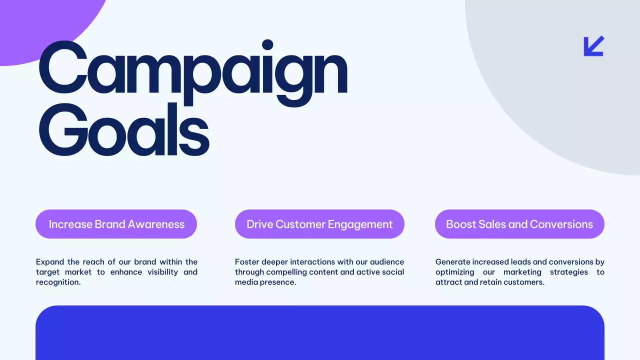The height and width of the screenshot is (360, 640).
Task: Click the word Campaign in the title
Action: tap(192, 70)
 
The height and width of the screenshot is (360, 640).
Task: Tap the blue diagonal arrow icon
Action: tap(594, 46)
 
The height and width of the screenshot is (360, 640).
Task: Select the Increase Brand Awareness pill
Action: tap(116, 224)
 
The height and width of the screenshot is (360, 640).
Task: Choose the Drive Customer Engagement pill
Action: tap(319, 224)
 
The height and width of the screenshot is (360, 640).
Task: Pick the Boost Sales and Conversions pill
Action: tap(519, 224)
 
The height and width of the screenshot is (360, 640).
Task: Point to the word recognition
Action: tap(57, 282)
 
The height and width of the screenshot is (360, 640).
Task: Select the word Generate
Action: tap(452, 262)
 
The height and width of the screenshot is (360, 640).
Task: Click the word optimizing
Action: tap(454, 272)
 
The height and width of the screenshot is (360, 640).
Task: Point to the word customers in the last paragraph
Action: tap(526, 282)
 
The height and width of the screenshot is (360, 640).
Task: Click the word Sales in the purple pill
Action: tap(492, 224)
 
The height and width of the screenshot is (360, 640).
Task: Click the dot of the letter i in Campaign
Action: tap(267, 45)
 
